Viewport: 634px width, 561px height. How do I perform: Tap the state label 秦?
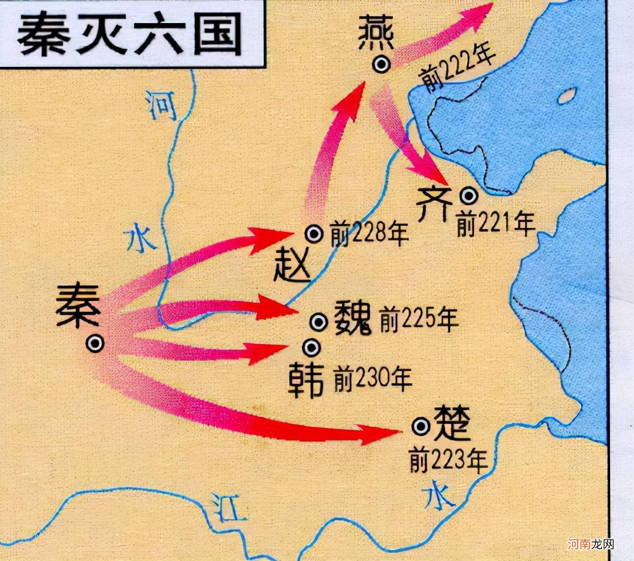(78, 305)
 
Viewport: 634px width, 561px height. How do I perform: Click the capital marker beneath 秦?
(95, 343)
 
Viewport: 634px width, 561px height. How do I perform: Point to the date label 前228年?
(369, 234)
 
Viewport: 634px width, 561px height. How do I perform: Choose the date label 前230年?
(373, 378)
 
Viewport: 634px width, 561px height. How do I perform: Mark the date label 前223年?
(448, 460)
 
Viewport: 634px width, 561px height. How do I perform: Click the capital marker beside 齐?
(469, 196)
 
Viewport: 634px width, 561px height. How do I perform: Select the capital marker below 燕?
(381, 64)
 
